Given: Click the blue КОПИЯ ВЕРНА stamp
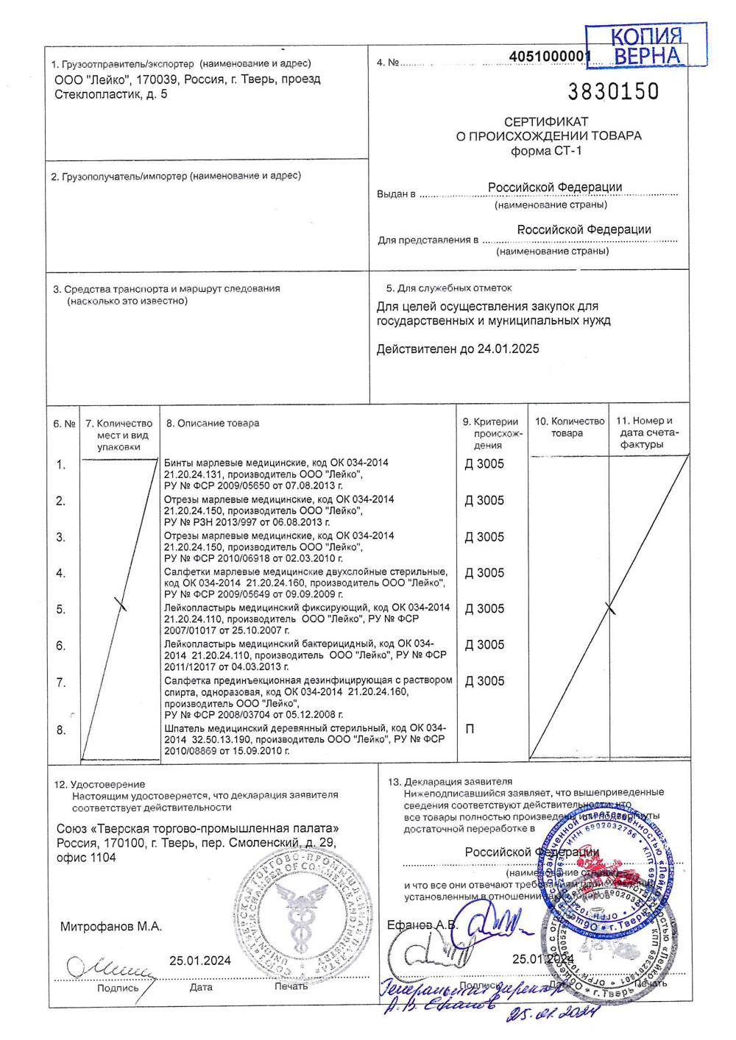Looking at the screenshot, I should [645, 46].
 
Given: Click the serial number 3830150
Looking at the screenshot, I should [613, 92].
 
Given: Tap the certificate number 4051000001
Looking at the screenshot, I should [549, 57].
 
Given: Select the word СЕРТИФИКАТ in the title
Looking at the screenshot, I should [546, 121].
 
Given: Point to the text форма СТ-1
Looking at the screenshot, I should [546, 151].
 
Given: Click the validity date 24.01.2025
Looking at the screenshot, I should [508, 349].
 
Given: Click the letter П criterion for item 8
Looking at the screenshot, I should [470, 729].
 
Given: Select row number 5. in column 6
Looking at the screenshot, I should [61, 610].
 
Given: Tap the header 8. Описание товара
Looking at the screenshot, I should [213, 424].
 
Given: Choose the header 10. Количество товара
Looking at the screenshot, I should [569, 427].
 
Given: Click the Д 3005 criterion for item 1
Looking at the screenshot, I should [484, 464].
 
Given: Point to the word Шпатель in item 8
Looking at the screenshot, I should [185, 728].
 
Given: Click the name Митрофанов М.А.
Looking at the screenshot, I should [111, 927].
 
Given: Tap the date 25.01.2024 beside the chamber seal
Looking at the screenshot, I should [199, 961].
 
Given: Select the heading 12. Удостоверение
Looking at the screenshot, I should [99, 785].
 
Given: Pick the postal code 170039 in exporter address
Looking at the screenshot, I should [155, 79].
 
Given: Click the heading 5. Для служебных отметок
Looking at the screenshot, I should [449, 288].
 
